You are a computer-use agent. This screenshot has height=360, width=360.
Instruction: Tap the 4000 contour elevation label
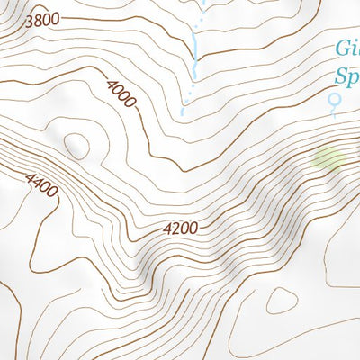tap(121, 94)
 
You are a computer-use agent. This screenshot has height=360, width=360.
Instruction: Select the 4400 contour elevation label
tap(42, 186)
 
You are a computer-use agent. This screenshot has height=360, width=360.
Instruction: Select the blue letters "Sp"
tap(346, 76)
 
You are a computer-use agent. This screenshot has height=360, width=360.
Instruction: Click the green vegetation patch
tap(328, 160)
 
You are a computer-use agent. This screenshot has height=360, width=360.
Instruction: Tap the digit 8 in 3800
tap(39, 20)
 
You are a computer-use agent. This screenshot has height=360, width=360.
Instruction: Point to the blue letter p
tap(353, 78)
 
